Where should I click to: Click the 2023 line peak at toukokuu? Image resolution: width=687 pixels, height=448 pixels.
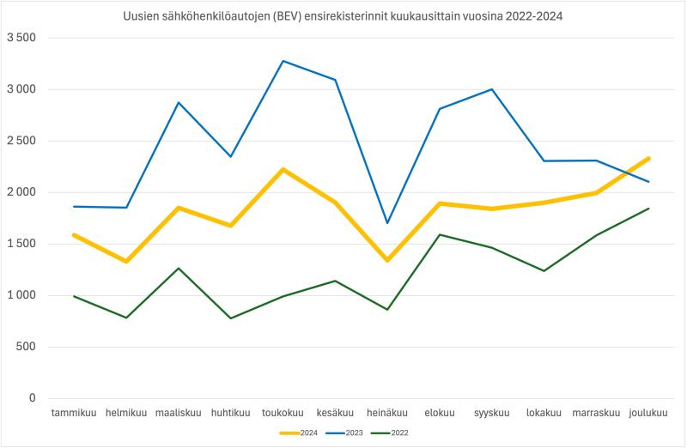[x=283, y=61]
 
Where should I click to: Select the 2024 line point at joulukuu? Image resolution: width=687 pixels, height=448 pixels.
[x=648, y=158]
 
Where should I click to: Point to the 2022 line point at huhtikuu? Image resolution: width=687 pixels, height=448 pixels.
[x=230, y=318]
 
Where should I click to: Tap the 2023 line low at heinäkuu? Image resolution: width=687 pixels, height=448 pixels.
[x=387, y=223]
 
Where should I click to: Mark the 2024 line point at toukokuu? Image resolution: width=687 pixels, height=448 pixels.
[x=283, y=169]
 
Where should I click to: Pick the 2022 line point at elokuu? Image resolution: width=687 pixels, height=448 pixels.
[x=440, y=234]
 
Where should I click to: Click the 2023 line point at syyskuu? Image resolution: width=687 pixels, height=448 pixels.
[x=492, y=89]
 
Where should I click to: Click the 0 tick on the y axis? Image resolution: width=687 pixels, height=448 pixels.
[x=32, y=398]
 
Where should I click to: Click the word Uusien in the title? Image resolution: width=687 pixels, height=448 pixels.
[x=140, y=16]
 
